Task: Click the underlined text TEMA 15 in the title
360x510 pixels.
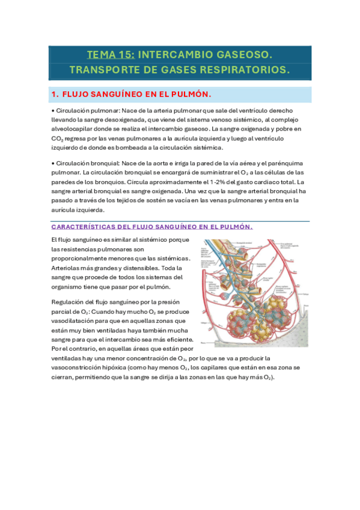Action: pyautogui.click(x=111, y=55)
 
